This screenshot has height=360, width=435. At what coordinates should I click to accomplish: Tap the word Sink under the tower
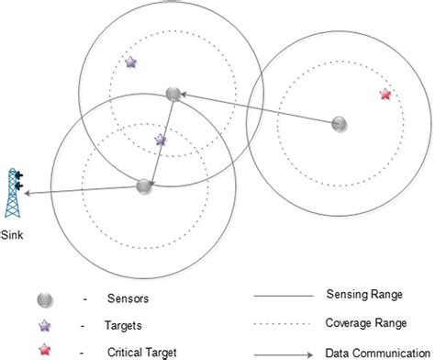(x=14, y=234)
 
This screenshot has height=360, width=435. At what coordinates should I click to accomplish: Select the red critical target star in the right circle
(x=385, y=95)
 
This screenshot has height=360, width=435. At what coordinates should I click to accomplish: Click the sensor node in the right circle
(x=339, y=123)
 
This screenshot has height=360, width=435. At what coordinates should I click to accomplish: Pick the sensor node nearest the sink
(x=144, y=186)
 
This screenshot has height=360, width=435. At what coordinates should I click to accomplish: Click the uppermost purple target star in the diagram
(x=130, y=63)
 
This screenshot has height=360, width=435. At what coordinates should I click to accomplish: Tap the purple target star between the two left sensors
(x=161, y=141)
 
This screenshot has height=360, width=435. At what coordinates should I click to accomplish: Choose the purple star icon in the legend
(x=43, y=325)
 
